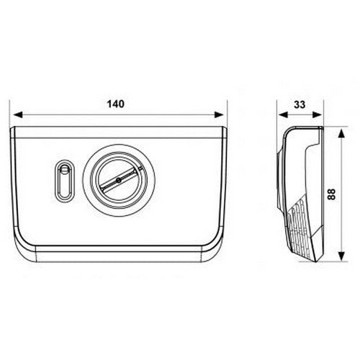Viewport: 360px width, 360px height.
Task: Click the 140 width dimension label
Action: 116,104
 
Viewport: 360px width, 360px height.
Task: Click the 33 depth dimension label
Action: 300,104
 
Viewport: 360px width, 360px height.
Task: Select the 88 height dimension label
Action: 331,194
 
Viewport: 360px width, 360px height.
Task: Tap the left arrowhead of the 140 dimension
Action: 18,114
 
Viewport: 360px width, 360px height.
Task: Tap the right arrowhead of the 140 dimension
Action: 219,114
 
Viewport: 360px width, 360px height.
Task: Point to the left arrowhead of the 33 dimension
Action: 283,114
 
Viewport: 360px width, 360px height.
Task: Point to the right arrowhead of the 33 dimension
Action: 317,114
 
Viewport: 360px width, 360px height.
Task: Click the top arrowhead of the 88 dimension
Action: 341,133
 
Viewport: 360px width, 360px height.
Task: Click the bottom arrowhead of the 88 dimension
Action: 341,255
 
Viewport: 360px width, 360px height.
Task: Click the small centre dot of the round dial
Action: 118,180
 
